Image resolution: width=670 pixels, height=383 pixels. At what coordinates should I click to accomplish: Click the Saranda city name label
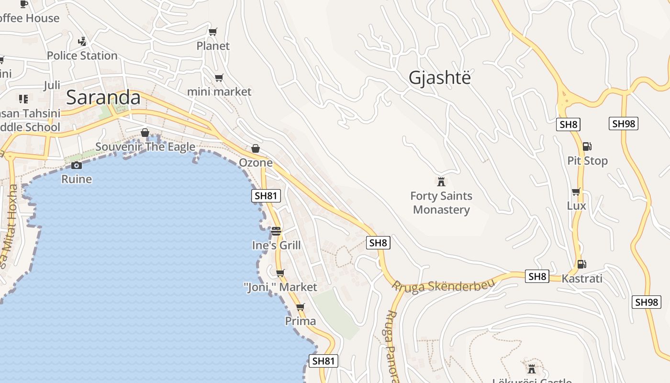pyautogui.click(x=103, y=98)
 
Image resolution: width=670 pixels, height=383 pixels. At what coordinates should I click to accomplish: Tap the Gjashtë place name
pyautogui.click(x=439, y=78)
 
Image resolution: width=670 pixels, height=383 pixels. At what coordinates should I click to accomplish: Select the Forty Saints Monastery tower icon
pyautogui.click(x=441, y=181)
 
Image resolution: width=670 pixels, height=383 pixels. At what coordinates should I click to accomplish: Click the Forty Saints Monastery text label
pyautogui.click(x=441, y=203)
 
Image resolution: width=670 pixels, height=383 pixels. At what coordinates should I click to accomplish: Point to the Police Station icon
pyautogui.click(x=82, y=41)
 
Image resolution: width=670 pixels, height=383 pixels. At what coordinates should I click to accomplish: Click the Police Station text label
pyautogui.click(x=82, y=56)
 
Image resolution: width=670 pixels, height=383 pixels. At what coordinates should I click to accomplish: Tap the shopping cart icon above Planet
pyautogui.click(x=213, y=32)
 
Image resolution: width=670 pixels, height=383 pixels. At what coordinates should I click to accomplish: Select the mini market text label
pyautogui.click(x=219, y=91)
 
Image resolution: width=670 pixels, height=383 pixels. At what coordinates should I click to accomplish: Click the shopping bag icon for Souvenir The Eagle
pyautogui.click(x=145, y=133)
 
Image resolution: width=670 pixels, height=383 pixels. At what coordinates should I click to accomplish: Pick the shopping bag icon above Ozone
pyautogui.click(x=256, y=148)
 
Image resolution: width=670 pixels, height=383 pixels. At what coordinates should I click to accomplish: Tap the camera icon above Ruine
pyautogui.click(x=76, y=165)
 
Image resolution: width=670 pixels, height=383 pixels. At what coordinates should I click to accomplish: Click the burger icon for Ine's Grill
pyautogui.click(x=276, y=231)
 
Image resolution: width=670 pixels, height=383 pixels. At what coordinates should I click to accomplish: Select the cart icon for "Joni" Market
pyautogui.click(x=280, y=273)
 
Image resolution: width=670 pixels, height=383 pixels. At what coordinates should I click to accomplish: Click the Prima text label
pyautogui.click(x=301, y=321)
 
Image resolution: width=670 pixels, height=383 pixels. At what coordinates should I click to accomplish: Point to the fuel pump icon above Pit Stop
pyautogui.click(x=587, y=146)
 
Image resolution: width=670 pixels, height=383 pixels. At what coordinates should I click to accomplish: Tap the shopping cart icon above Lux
pyautogui.click(x=576, y=192)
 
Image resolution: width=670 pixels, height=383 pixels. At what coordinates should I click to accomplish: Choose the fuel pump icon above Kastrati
pyautogui.click(x=581, y=264)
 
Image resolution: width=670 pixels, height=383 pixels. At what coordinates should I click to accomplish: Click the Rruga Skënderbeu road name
pyautogui.click(x=443, y=285)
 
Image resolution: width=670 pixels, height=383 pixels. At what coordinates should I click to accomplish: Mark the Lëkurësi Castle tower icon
pyautogui.click(x=531, y=369)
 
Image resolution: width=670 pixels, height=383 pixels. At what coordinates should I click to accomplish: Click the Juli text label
pyautogui.click(x=52, y=85)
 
